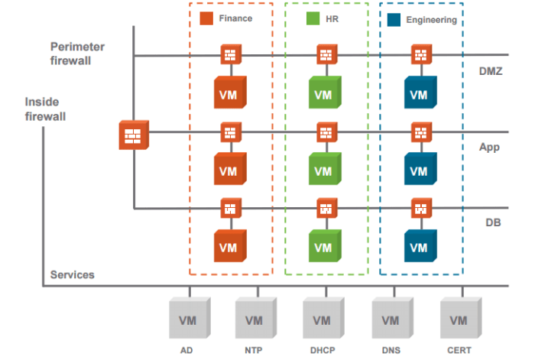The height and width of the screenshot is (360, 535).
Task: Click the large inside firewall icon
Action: (x=134, y=135)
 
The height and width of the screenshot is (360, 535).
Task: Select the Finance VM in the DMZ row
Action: (x=229, y=93)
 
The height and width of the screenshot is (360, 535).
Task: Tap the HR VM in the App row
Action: (x=323, y=169)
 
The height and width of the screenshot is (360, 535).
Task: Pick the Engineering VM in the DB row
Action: (x=419, y=246)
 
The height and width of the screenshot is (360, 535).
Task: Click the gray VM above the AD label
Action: (x=189, y=317)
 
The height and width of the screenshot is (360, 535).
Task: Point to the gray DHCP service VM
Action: (x=323, y=317)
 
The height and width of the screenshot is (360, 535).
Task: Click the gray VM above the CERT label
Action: (x=460, y=317)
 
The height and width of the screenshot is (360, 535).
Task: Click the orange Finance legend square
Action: (x=205, y=18)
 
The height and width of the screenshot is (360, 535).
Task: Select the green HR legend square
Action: (x=312, y=18)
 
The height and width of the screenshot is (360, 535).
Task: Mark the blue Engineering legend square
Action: (x=394, y=19)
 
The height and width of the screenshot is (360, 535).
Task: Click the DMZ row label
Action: (x=489, y=70)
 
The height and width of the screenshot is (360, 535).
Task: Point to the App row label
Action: (x=489, y=147)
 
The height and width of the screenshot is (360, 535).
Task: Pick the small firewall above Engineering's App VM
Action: (x=419, y=131)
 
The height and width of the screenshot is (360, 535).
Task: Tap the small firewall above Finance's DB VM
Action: (x=229, y=208)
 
